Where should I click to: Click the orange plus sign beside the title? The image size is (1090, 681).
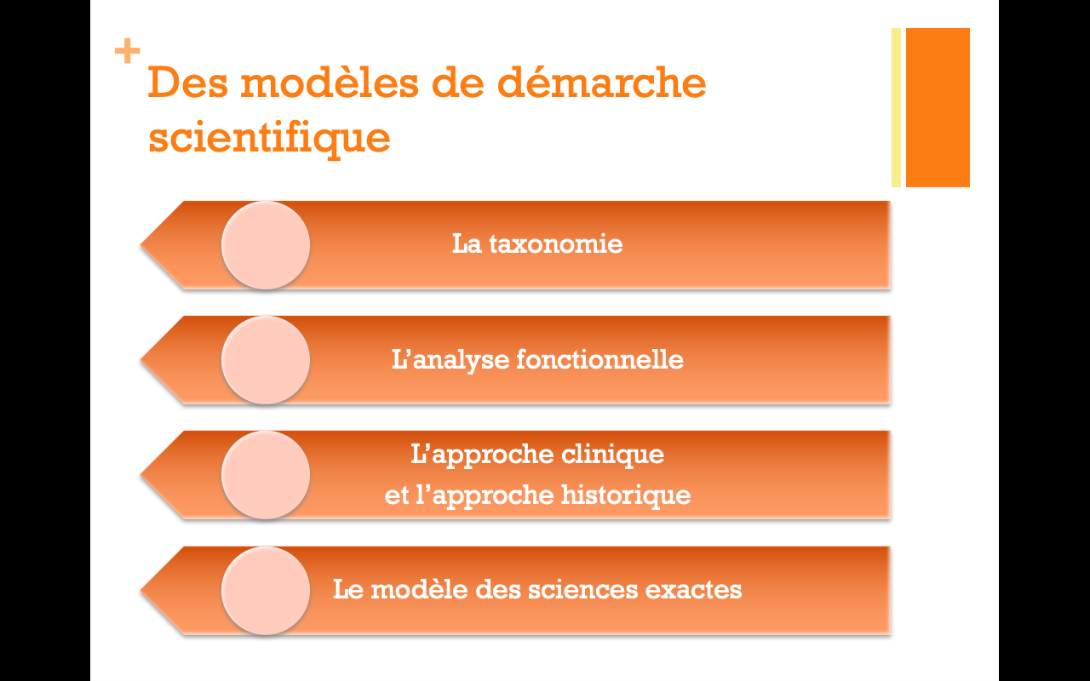tap(128, 50)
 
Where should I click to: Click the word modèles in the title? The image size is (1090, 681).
tap(330, 83)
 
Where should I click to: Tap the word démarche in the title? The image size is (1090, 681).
tap(601, 83)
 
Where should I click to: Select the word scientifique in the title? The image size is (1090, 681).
tap(269, 137)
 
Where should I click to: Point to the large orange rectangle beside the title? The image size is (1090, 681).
tap(938, 107)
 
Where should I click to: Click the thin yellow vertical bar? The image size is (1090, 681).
tap(896, 107)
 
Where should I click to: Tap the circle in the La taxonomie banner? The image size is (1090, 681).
tap(266, 245)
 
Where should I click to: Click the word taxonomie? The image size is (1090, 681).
tap(556, 243)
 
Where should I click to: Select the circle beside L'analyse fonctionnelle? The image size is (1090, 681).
tap(266, 360)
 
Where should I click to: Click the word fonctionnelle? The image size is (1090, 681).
tap(600, 359)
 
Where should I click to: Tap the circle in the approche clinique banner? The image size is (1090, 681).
tap(266, 475)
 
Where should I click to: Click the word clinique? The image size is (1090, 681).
tap(612, 455)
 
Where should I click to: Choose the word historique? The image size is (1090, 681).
tap(626, 495)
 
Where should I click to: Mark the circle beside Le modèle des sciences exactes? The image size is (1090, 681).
tap(266, 591)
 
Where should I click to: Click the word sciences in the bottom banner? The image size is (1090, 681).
tap(582, 590)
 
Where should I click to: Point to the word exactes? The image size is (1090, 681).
tap(693, 590)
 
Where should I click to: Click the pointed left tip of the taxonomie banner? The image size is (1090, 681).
tap(141, 245)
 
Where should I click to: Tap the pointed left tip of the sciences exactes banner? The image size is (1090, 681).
tap(141, 591)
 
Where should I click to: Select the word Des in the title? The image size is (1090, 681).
tap(188, 83)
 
